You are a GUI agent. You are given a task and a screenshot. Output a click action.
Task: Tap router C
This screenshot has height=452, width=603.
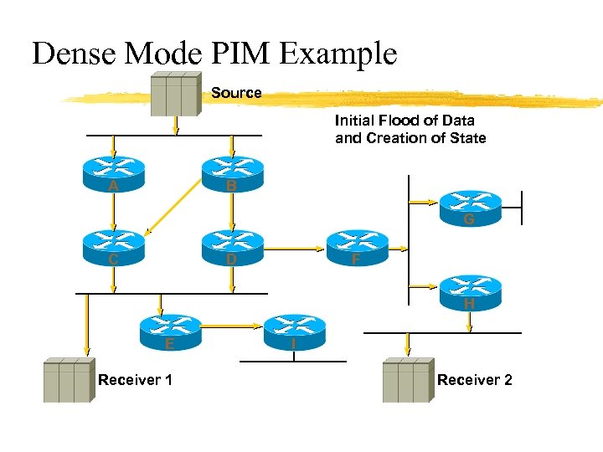point(113,246)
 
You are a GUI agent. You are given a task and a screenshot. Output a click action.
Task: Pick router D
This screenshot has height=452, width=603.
point(232,246)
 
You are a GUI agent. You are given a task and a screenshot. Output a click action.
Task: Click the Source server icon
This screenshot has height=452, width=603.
point(174,94)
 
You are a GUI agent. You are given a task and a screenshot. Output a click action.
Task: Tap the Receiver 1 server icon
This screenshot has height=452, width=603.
point(68,381)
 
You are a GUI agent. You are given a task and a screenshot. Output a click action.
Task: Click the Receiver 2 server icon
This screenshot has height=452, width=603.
point(407,381)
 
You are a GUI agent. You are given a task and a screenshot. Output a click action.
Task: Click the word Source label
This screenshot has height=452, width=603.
point(236,93)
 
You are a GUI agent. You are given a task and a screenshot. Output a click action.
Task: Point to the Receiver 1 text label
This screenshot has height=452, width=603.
point(136,380)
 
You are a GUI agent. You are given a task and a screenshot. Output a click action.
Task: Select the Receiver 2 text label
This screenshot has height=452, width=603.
point(474,380)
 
